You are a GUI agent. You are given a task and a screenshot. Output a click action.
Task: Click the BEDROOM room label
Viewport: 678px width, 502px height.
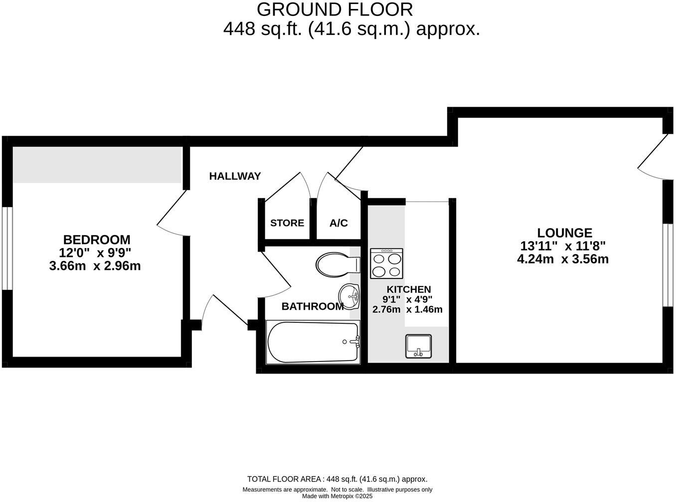tap(96, 240)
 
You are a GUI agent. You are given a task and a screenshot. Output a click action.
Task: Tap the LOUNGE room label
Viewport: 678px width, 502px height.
tap(564, 233)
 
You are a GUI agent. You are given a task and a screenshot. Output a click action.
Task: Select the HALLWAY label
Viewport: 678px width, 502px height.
tap(235, 176)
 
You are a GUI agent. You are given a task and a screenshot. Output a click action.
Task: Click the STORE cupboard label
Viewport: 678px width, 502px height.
tap(287, 223)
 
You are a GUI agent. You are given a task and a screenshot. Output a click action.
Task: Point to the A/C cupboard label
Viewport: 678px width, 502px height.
tap(339, 223)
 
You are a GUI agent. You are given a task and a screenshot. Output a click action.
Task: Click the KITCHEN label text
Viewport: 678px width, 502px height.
tap(408, 289)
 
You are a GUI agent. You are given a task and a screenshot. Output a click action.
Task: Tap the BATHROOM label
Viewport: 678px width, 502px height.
tap(313, 306)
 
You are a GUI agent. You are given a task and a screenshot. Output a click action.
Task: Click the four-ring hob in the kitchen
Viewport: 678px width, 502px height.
tap(386, 263)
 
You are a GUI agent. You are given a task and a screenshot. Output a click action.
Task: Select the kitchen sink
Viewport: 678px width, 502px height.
tap(418, 346)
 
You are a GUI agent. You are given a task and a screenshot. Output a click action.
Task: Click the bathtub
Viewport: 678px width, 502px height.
tap(313, 342)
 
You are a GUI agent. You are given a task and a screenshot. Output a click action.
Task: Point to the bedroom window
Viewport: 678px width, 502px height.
tap(6, 248)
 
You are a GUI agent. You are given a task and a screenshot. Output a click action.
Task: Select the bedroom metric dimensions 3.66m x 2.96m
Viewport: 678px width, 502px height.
tap(95, 266)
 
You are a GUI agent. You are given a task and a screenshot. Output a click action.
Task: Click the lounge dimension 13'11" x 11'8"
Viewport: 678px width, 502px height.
tap(563, 246)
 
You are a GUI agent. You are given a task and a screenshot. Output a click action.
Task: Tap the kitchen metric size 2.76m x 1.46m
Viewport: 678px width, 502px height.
tap(407, 309)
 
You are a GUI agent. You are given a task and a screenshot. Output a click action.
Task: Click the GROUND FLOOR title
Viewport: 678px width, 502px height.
tap(335, 9)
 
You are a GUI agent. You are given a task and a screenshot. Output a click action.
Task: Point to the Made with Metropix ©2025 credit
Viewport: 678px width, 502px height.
tap(338, 496)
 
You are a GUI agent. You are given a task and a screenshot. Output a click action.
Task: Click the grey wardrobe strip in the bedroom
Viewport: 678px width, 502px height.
tap(97, 164)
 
